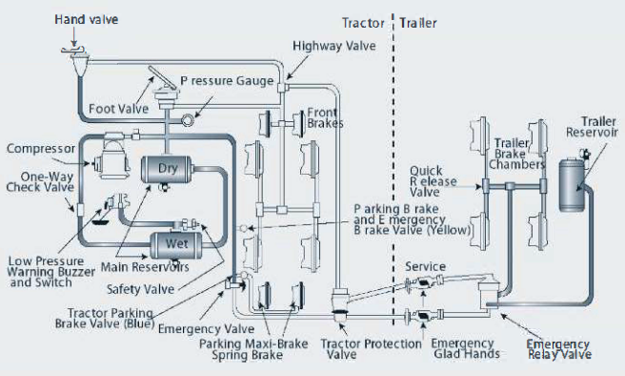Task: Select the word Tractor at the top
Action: (x=367, y=20)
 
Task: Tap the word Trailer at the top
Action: (x=423, y=20)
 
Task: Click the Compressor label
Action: (x=39, y=149)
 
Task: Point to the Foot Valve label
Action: (x=118, y=109)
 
